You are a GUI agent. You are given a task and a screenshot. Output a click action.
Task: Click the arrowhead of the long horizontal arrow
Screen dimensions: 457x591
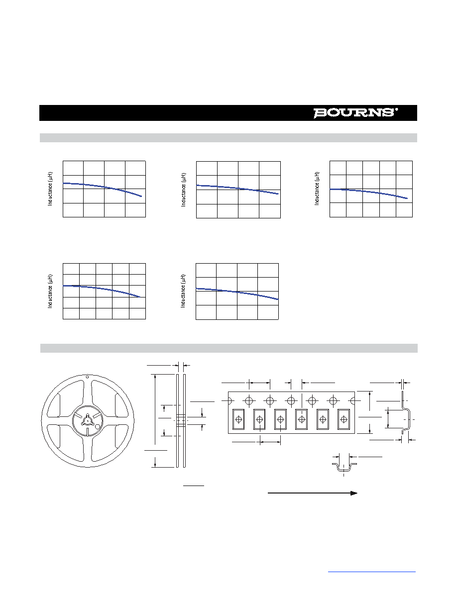(x=353, y=493)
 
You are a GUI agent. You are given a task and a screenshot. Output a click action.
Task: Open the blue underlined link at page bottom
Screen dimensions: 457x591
(x=371, y=572)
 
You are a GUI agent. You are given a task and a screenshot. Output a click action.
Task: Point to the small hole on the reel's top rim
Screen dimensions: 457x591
(x=88, y=376)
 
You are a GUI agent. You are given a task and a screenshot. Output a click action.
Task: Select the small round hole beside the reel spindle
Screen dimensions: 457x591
(x=97, y=427)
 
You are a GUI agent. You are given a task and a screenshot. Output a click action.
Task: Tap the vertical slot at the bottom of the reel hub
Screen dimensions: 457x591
(x=88, y=432)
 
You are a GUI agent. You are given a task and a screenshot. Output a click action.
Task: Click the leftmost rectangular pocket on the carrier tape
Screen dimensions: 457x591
(x=238, y=419)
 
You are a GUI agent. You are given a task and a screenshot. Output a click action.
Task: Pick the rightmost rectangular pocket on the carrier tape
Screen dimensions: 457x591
(x=343, y=419)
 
